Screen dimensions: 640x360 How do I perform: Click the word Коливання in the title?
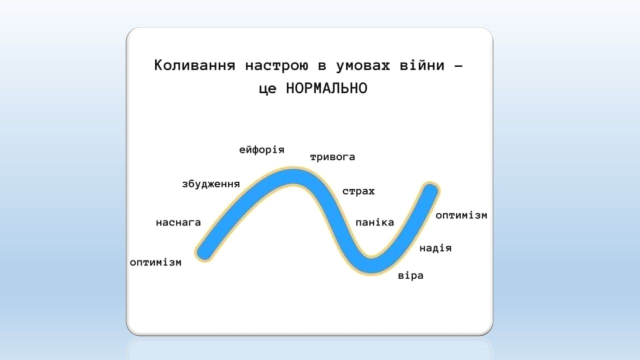[194, 65]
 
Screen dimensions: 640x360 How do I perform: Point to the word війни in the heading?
[422, 65]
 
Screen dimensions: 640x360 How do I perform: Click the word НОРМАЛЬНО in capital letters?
[326, 88]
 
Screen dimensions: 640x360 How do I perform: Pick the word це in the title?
[267, 89]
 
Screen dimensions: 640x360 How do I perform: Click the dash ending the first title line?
[458, 66]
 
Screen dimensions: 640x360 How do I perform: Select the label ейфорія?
[261, 150]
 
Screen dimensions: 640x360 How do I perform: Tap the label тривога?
[332, 157]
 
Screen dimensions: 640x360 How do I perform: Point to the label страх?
[358, 191]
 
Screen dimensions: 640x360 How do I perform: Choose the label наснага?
[178, 222]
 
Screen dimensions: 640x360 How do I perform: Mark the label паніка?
[374, 222]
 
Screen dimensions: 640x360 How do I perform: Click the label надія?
[435, 248]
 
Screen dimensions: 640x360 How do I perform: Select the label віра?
[410, 275]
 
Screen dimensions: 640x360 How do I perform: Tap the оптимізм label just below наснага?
[155, 262]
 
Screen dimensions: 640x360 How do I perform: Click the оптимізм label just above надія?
[461, 215]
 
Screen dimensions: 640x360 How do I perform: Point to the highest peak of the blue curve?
[293, 176]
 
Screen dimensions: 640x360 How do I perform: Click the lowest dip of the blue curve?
[371, 264]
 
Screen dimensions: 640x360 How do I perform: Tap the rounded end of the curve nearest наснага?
[205, 252]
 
